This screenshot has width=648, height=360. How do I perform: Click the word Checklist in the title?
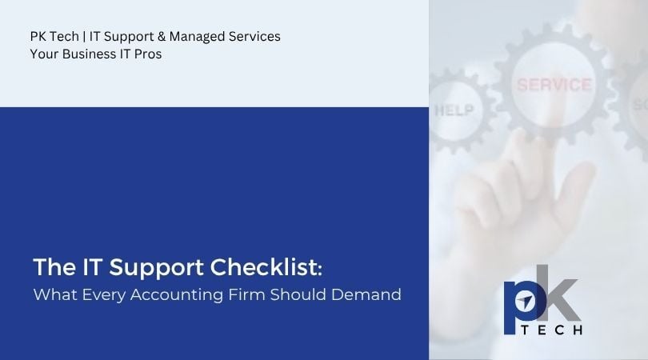click(264, 266)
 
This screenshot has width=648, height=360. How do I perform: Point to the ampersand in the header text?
click(162, 36)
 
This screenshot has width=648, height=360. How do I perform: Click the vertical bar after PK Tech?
click(84, 37)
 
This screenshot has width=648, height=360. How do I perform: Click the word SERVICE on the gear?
click(554, 85)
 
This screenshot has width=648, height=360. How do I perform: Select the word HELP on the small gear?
click(454, 110)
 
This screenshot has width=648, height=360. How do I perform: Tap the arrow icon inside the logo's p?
click(526, 302)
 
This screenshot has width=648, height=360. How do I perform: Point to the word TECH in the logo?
click(552, 330)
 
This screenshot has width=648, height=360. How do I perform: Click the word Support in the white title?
click(156, 268)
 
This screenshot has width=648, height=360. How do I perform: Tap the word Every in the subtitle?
click(104, 295)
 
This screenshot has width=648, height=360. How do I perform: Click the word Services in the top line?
click(254, 36)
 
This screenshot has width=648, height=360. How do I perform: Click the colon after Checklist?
click(320, 270)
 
